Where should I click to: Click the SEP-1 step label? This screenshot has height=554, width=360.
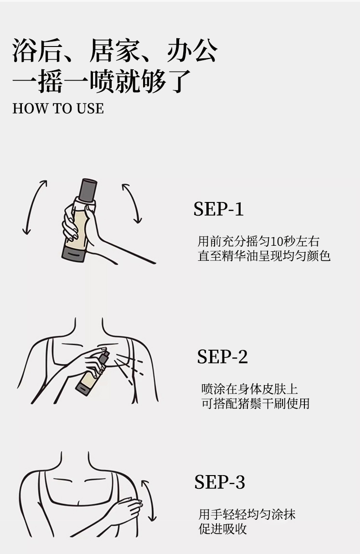coord(219,209)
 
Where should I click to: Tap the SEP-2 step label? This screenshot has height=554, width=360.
coord(222,357)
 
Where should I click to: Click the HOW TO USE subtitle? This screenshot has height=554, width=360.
coord(58,109)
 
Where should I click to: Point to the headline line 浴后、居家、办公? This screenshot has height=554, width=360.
coord(115,50)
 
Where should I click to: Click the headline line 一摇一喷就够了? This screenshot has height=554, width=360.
coord(101,81)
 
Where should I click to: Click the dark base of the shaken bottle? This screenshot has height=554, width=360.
coord(74,254)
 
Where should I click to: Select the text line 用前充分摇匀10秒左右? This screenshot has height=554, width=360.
coord(258,241)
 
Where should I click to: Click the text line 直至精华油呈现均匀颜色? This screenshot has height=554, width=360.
coord(264,256)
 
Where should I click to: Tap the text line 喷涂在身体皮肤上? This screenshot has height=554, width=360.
coord(249,389)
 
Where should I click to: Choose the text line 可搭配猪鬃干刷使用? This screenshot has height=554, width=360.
coord(255,404)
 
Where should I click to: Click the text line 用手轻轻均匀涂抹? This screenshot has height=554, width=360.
coord(247,515)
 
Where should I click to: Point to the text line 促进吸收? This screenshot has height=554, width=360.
coord(223,529)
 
